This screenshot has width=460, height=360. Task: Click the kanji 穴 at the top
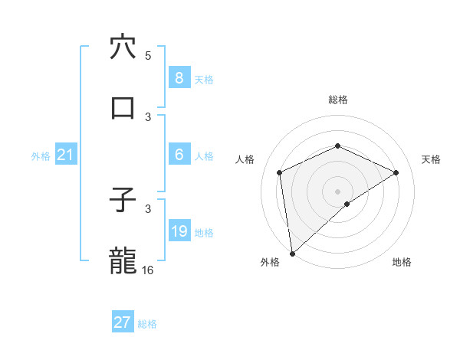pos(123,47)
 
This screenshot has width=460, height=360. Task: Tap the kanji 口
pos(123,107)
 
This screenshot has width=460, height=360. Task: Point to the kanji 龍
pos(123,260)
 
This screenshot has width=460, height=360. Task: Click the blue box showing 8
pos(179,77)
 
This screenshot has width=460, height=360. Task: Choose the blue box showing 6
pos(179,154)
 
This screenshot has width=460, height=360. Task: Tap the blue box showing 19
pos(179,231)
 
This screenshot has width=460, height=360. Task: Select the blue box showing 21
pos(65,155)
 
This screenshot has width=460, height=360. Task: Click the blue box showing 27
pos(123,322)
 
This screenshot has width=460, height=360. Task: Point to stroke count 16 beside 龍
pos(148,270)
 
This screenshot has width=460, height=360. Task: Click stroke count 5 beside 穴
pos(148,56)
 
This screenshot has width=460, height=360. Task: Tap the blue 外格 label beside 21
pos(41,155)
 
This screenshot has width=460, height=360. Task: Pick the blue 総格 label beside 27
pos(147,324)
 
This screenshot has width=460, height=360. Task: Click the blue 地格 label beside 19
pos(204,232)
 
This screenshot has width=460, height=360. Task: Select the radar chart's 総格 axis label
pos(337,100)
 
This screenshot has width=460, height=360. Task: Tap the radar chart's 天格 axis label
pos(432,159)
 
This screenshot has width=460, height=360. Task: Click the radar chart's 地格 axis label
pos(402,262)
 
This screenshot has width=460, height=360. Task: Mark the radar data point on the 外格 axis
pos(291,253)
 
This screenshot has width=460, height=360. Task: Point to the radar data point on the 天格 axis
pos(396,172)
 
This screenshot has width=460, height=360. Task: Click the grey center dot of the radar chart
pos(337,191)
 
